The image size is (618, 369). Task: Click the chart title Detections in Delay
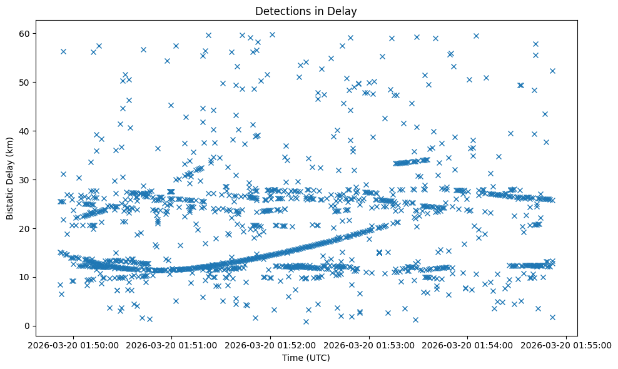pyautogui.click(x=306, y=11)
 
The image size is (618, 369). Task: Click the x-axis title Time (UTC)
pyautogui.click(x=306, y=358)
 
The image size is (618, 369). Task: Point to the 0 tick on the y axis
pyautogui.click(x=28, y=326)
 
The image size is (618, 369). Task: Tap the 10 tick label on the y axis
pyautogui.click(x=25, y=277)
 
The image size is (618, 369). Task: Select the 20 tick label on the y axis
pyautogui.click(x=25, y=228)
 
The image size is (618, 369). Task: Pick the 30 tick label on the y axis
pyautogui.click(x=25, y=179)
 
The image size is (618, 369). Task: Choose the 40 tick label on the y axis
pyautogui.click(x=25, y=131)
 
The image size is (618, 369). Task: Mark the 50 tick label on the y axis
pyautogui.click(x=25, y=82)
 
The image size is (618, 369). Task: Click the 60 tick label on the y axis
pyautogui.click(x=25, y=33)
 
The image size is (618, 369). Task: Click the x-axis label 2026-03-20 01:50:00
pyautogui.click(x=74, y=345)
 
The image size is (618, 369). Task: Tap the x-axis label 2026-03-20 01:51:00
pyautogui.click(x=173, y=345)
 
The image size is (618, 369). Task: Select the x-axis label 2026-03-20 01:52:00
pyautogui.click(x=271, y=345)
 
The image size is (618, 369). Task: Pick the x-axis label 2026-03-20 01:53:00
pyautogui.click(x=370, y=345)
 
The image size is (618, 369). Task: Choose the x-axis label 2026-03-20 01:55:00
pyautogui.click(x=567, y=345)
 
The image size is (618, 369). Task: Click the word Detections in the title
pyautogui.click(x=281, y=11)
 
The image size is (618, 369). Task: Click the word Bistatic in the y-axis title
pyautogui.click(x=11, y=201)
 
